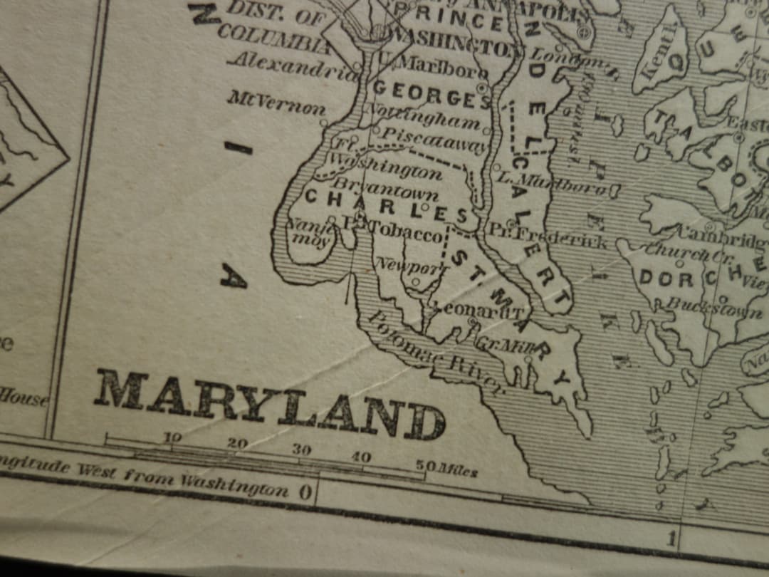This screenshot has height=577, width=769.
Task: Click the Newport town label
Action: (x=411, y=267)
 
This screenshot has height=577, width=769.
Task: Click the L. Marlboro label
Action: (x=555, y=183)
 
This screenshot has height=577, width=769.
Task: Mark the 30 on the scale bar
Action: (x=301, y=449)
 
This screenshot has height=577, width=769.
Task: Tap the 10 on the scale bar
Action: (x=172, y=437)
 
